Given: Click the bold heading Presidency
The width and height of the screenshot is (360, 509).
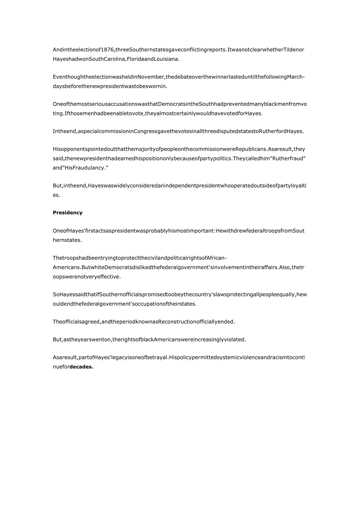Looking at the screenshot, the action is pyautogui.click(x=68, y=213).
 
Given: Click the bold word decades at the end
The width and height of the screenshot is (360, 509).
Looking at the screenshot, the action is pyautogui.click(x=81, y=367).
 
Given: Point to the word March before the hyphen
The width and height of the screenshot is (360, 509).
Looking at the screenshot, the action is pyautogui.click(x=294, y=77).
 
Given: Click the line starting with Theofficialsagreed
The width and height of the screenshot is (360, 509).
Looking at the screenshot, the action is pyautogui.click(x=144, y=322).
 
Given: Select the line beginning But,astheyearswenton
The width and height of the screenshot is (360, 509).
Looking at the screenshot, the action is pyautogui.click(x=149, y=340).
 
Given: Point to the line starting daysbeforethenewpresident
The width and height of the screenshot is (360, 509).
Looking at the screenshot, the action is pyautogui.click(x=110, y=86).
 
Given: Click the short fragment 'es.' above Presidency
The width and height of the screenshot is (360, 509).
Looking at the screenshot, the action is pyautogui.click(x=57, y=195).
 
